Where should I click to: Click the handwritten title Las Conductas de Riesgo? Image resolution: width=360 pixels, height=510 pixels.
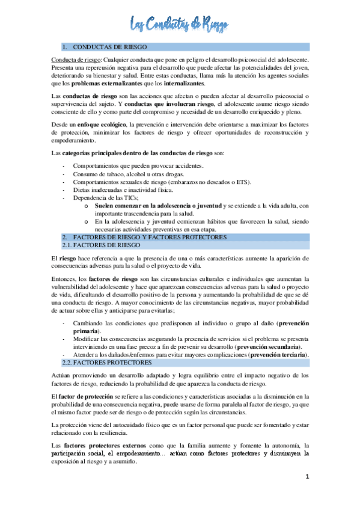coord(179,24)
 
